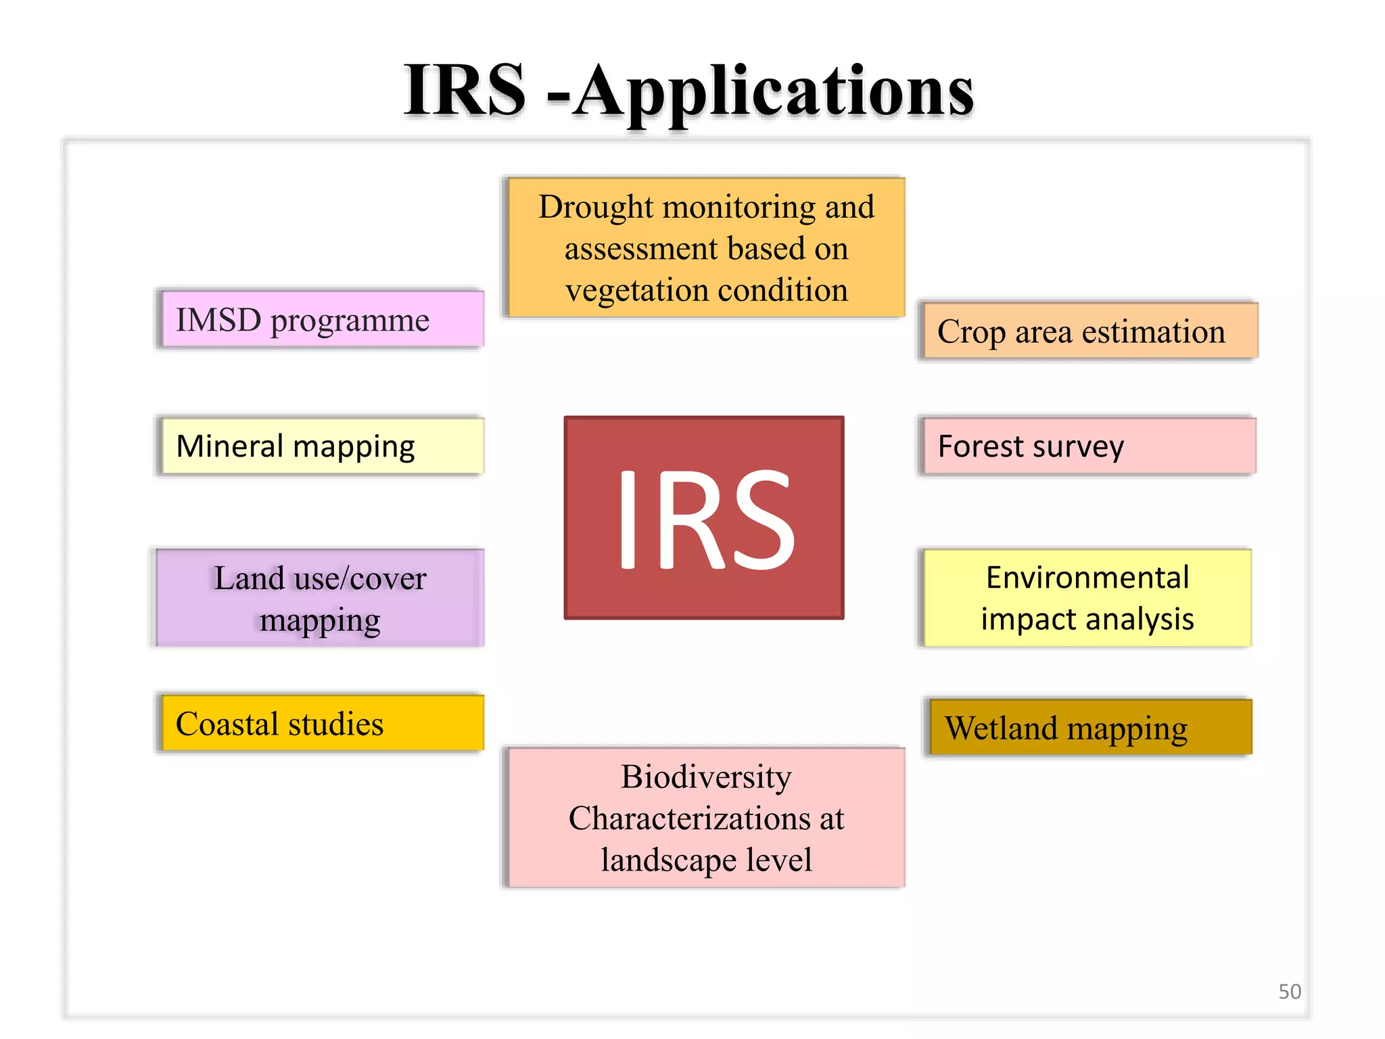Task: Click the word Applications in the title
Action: (x=774, y=91)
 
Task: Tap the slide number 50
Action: (x=1289, y=991)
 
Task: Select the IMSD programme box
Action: (x=322, y=319)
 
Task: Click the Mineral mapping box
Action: (x=322, y=446)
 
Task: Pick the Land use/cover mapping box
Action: (x=319, y=598)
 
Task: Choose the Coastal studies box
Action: (x=322, y=724)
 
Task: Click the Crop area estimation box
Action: (x=1089, y=331)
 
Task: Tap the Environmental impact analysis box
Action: (x=1087, y=598)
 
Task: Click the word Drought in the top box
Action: (x=596, y=207)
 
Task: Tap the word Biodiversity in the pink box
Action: (x=706, y=777)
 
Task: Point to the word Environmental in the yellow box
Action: (x=1087, y=578)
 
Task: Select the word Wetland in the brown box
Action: (x=1001, y=729)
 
